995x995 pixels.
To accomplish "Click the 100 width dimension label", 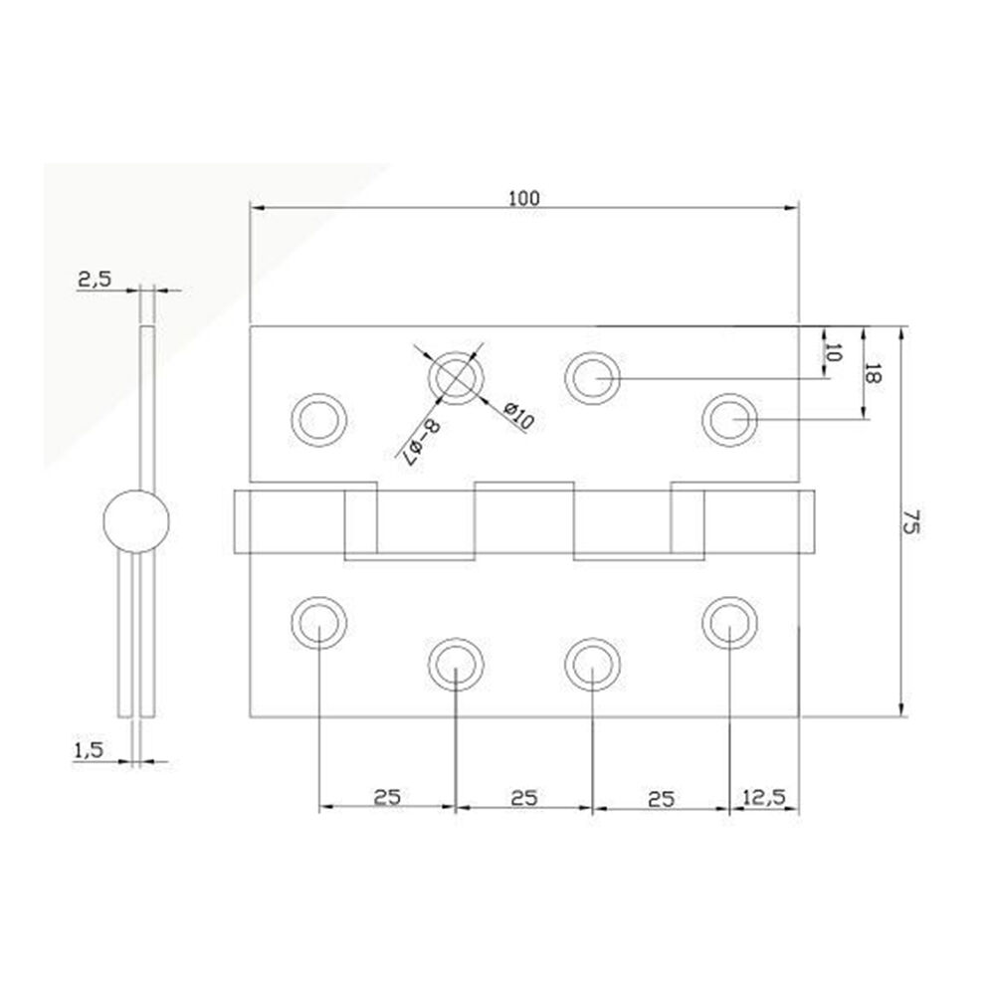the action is click(x=524, y=198).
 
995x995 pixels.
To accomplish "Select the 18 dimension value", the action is click(x=874, y=374).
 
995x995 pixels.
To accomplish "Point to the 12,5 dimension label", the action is click(x=763, y=796).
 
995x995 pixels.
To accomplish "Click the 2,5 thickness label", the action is click(x=95, y=279).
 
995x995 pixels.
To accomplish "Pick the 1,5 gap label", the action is click(x=89, y=750).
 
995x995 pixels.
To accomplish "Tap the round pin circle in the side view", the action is click(x=136, y=521).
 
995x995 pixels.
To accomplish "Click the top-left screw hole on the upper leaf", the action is click(x=319, y=420).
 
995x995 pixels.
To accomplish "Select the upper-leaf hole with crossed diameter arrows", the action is click(x=457, y=377).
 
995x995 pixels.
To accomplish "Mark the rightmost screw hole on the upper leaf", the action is click(x=729, y=420).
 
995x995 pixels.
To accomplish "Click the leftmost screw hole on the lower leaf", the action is click(x=319, y=623).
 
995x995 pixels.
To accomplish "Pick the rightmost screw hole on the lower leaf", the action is click(x=729, y=623).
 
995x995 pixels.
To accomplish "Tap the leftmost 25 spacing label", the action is click(x=387, y=797).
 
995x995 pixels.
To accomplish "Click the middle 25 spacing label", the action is click(x=524, y=798).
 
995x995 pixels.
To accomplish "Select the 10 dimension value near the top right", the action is click(x=834, y=353).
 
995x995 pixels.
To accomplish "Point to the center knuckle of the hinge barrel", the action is click(x=524, y=517).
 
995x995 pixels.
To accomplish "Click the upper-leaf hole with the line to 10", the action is click(x=593, y=377).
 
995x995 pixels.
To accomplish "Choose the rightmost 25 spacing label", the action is click(x=662, y=799).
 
